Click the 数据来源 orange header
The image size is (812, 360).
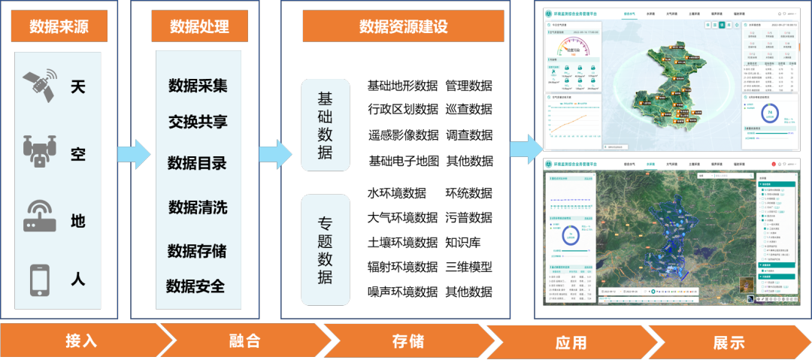pos(59,27)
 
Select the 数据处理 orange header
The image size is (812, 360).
pos(199,27)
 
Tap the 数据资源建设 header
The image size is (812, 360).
pos(403,27)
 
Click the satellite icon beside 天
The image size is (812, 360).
pos(38,86)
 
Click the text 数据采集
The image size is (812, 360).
pos(198,86)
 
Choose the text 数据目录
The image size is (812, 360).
pos(197,163)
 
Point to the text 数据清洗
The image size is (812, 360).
pos(198,207)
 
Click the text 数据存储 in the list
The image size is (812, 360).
pos(197,250)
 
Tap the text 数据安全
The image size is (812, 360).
pos(195,286)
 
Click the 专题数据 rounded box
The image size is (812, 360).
pos(325,250)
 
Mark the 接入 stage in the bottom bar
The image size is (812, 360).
pos(81,341)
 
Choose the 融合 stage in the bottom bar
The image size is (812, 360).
pos(244,341)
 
